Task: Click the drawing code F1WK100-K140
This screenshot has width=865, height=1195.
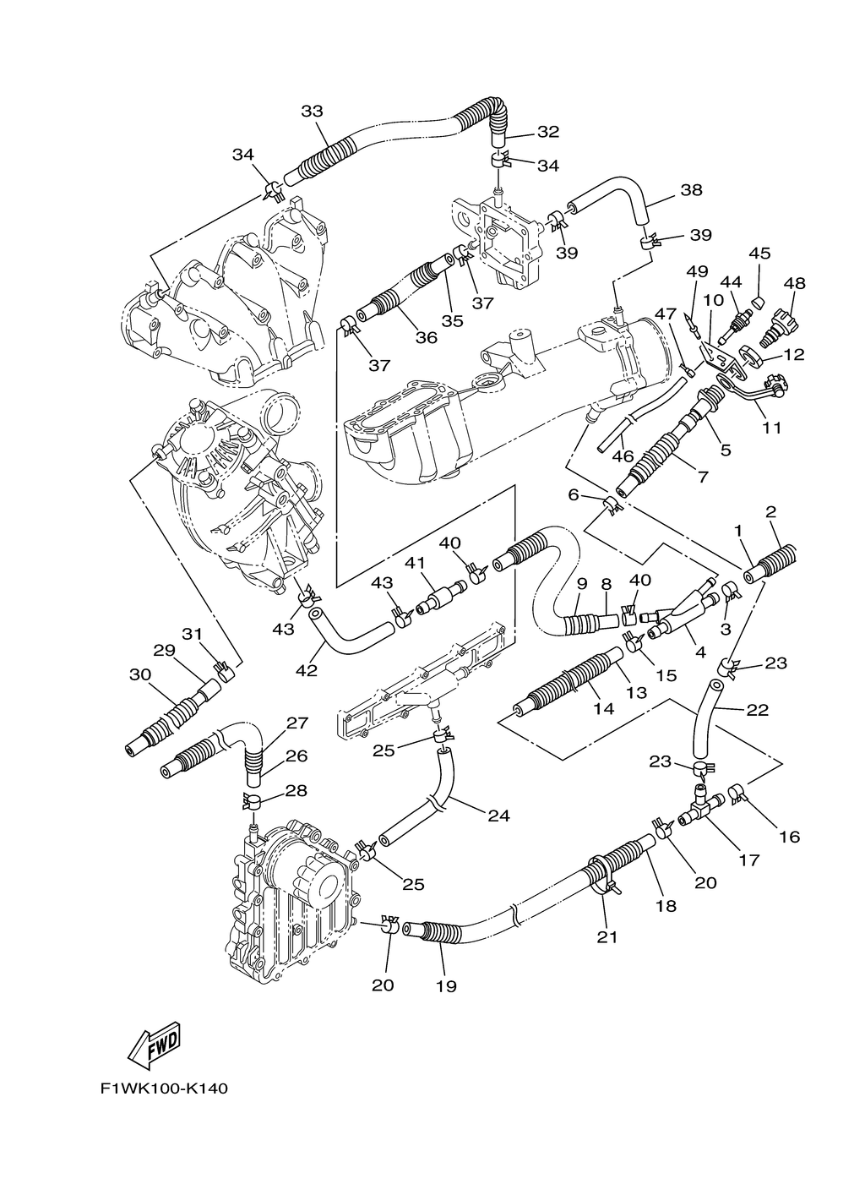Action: click(x=163, y=1088)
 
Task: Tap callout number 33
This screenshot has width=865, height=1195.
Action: click(x=312, y=111)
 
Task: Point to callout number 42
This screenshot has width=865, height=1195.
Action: click(x=307, y=670)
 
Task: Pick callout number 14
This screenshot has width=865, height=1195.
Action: click(x=603, y=709)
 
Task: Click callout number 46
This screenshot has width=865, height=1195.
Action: click(x=623, y=456)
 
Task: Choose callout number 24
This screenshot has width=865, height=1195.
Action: click(x=499, y=816)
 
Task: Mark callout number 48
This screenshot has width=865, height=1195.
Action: click(x=794, y=283)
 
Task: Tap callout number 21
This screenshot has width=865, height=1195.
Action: click(x=608, y=936)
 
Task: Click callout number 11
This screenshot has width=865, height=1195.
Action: click(x=772, y=428)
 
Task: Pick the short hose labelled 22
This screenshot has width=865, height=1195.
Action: click(x=704, y=718)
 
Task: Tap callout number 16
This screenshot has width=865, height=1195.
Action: click(x=790, y=837)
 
